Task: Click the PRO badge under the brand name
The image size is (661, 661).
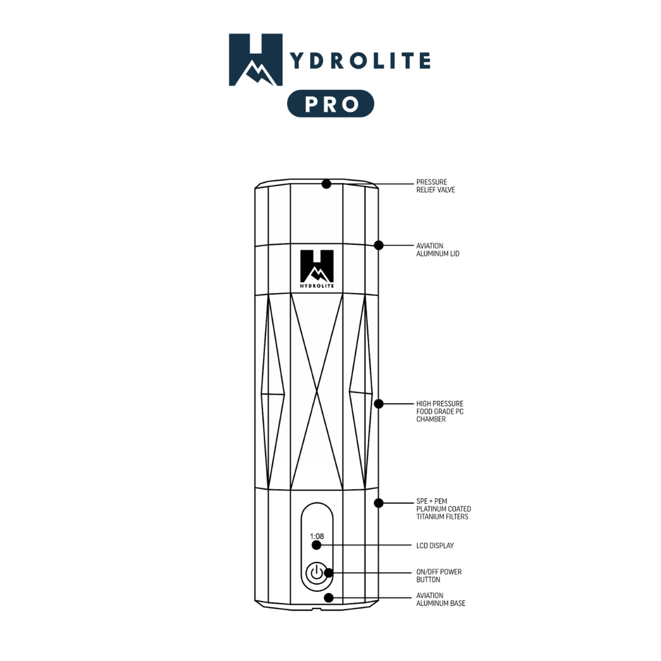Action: [x=330, y=103]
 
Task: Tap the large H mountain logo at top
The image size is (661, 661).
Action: [x=256, y=59]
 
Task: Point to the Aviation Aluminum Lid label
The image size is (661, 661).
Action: [x=438, y=250]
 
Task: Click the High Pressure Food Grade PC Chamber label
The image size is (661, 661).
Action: [x=440, y=411]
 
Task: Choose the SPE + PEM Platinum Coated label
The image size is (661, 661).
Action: [x=444, y=509]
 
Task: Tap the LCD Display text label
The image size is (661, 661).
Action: [x=435, y=545]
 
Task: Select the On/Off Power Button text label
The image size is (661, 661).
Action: [x=439, y=575]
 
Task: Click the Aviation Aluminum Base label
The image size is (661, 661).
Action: [x=441, y=599]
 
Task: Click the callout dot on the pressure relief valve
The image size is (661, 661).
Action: [x=326, y=184]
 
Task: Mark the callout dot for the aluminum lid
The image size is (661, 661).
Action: [x=379, y=245]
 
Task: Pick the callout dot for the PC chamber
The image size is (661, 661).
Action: [x=379, y=404]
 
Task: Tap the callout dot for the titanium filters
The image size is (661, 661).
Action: [x=379, y=503]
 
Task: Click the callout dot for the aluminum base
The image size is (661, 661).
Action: [x=329, y=597]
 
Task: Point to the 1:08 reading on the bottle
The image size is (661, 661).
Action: [x=316, y=536]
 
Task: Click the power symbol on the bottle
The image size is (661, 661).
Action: [x=316, y=573]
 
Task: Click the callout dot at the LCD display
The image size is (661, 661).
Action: [x=316, y=545]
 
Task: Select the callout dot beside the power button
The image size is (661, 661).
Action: [x=329, y=573]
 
